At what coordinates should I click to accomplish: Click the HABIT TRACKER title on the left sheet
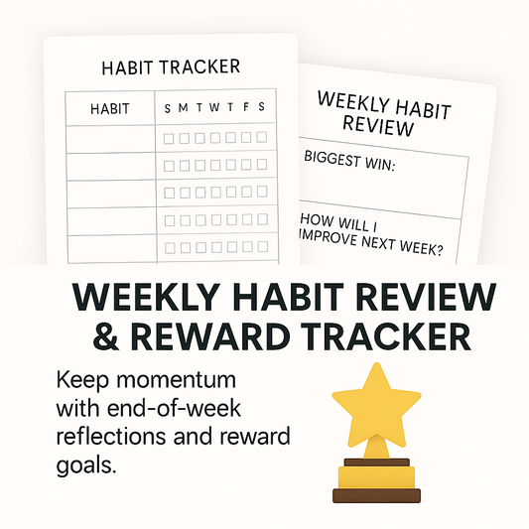click(x=171, y=67)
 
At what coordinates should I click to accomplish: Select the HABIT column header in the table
click(x=110, y=109)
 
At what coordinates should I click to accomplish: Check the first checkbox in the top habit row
click(x=169, y=138)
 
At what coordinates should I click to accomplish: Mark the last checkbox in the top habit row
click(x=262, y=138)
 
